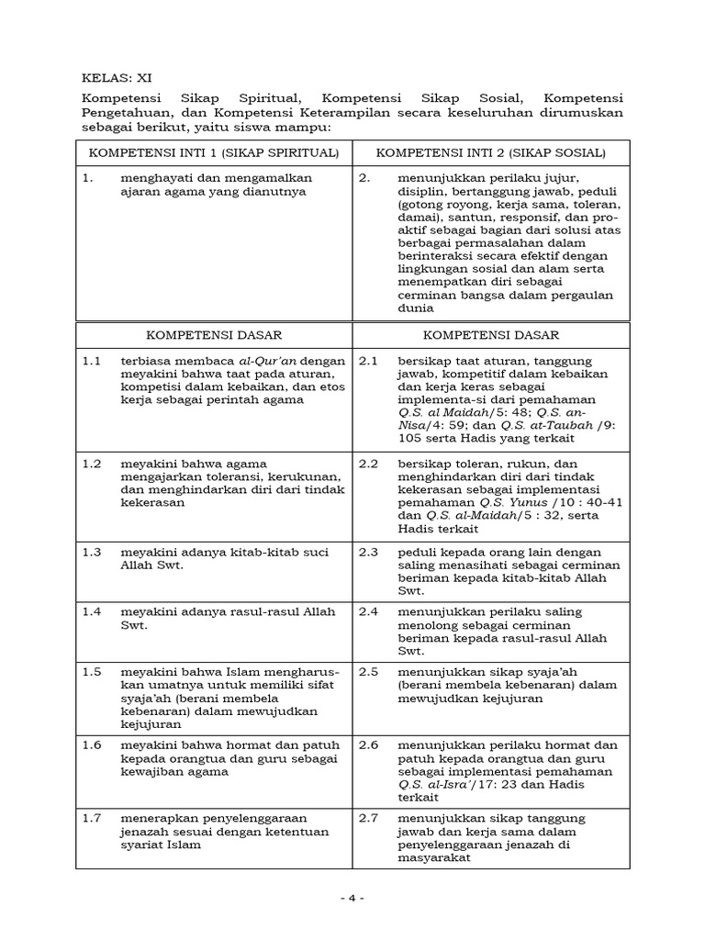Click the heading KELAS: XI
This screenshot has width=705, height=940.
pos(111,78)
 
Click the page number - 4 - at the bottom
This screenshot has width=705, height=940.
pos(352,900)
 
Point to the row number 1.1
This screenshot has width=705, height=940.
pos(91,362)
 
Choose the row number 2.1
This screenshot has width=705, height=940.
pos(368,362)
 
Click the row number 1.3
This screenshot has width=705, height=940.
pos(91,552)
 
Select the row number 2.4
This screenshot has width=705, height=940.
pos(368,611)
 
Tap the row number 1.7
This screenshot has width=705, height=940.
pos(91,818)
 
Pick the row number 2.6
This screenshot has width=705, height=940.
pos(368,745)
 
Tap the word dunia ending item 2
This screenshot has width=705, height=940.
pos(414,308)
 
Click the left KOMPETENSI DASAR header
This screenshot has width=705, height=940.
pos(213,335)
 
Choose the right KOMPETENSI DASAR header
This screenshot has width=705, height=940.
pos(491,335)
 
